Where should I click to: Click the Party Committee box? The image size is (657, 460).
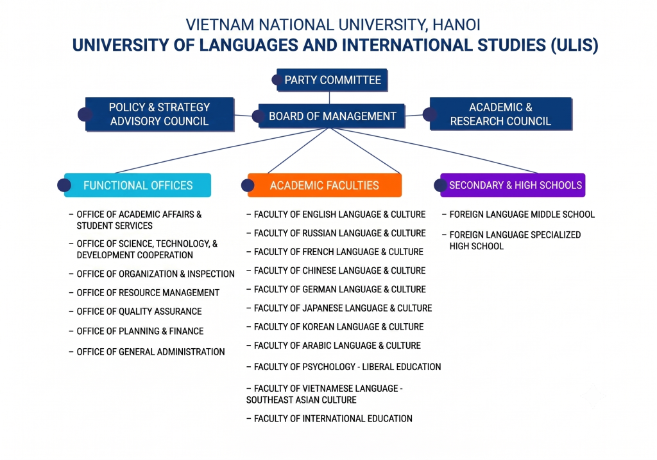click(332, 80)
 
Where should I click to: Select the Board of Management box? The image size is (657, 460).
click(332, 116)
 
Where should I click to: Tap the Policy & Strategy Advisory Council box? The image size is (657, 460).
click(159, 114)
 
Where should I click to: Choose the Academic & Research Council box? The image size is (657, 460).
click(500, 114)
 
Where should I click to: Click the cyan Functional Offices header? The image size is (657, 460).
click(137, 185)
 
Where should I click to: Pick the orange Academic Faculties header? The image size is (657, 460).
click(324, 185)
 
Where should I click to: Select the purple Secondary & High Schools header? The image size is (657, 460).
click(513, 185)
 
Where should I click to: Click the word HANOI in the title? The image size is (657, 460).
click(456, 25)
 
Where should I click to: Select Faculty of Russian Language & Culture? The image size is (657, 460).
click(336, 233)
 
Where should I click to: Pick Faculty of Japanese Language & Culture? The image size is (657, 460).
click(339, 308)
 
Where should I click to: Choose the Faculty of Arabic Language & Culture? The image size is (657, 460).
click(334, 346)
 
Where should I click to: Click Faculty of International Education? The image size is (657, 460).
click(329, 418)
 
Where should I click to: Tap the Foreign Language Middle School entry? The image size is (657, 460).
click(518, 215)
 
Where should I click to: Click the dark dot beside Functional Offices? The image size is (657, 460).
click(64, 185)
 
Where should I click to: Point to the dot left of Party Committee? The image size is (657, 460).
click(276, 80)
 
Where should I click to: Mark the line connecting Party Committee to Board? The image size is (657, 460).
click(329, 98)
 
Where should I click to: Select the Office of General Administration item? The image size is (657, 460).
click(147, 351)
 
